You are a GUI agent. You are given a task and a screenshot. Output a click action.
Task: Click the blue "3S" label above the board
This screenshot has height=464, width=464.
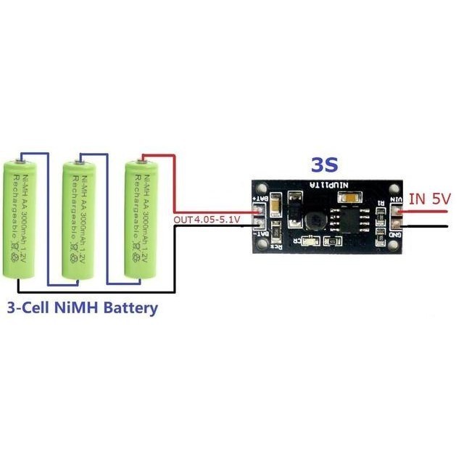point(323,164)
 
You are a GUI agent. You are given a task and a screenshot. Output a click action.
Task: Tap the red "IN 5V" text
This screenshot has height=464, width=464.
point(430,199)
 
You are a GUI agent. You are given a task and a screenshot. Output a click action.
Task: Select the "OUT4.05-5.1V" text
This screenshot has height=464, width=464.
point(208,218)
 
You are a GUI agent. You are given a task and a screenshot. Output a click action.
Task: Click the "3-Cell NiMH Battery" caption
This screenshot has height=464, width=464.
point(82,307)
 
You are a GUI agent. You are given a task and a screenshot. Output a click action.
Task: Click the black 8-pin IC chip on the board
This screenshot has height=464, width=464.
point(340,219)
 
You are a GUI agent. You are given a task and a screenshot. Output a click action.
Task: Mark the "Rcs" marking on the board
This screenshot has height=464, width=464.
point(276,246)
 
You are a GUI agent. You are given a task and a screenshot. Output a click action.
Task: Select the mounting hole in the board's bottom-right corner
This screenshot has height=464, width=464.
point(395,248)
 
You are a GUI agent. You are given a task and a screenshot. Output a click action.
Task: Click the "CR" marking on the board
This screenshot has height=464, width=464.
point(299,241)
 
